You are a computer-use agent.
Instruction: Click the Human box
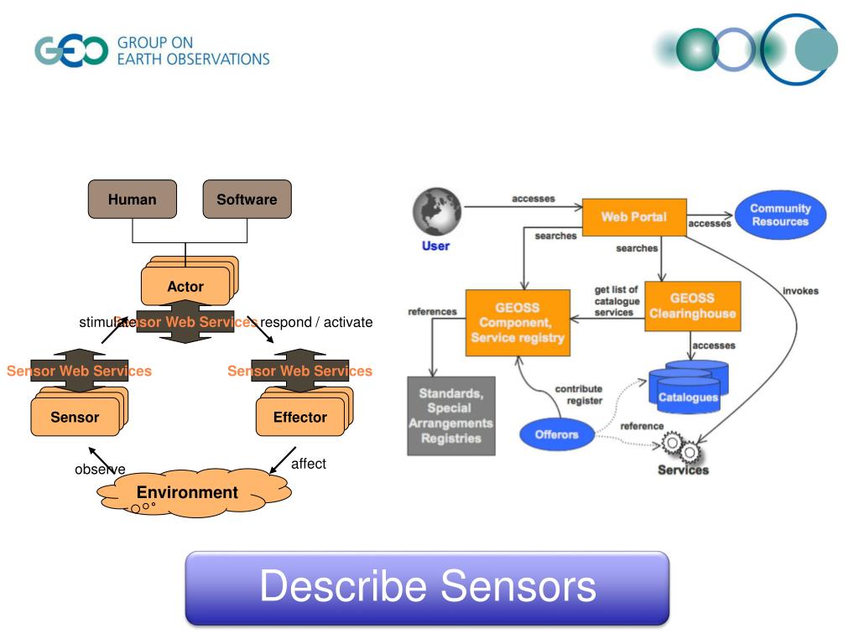tap(133, 200)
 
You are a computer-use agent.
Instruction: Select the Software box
tap(247, 200)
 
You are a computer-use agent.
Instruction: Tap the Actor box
tap(185, 286)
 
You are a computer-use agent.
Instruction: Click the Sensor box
tap(75, 417)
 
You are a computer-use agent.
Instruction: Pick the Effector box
tap(299, 417)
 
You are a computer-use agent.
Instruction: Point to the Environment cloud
tap(188, 493)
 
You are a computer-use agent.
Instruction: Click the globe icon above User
tap(436, 211)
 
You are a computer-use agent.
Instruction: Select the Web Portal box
tap(634, 217)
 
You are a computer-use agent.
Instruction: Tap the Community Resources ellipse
tap(780, 216)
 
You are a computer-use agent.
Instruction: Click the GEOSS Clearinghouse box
tap(692, 306)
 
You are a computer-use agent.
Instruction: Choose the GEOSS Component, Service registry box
tap(518, 323)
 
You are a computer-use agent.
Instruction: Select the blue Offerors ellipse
tap(557, 434)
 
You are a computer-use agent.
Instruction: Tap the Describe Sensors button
tap(427, 588)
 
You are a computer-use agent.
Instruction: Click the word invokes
tap(800, 291)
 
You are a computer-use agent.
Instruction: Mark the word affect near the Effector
tap(308, 464)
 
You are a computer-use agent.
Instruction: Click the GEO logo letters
tap(71, 51)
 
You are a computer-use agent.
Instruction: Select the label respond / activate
tap(316, 322)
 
